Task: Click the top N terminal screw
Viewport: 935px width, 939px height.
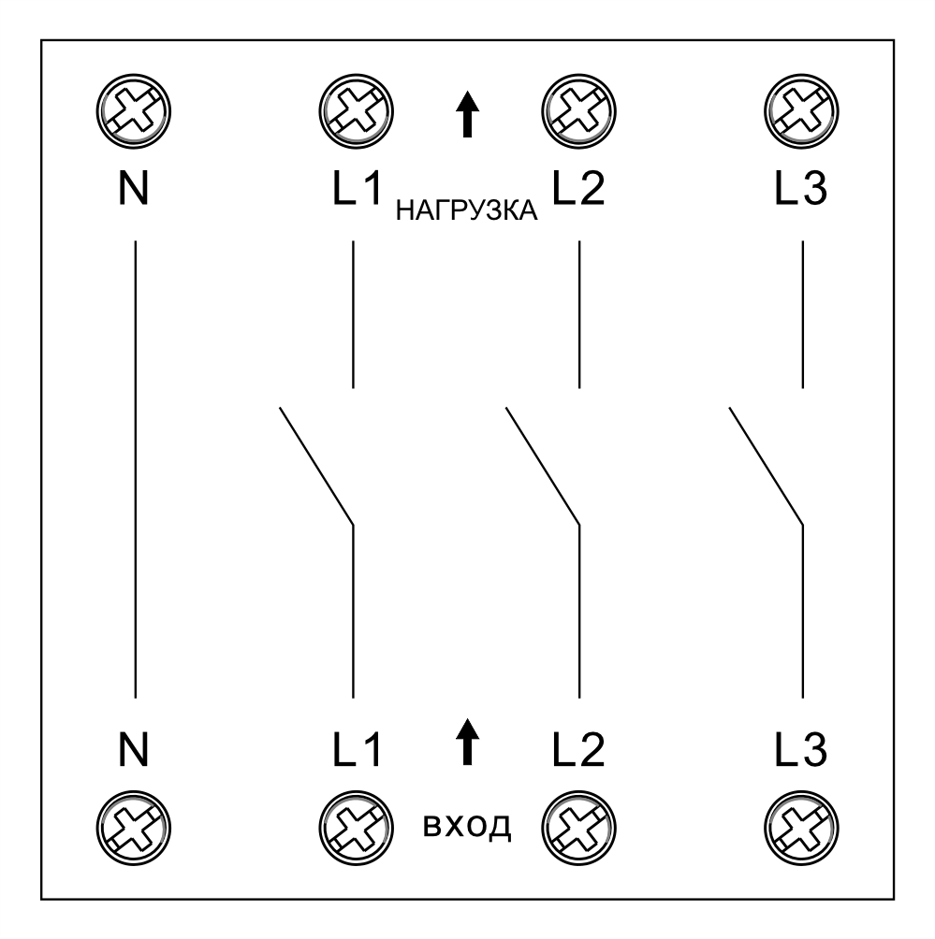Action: pyautogui.click(x=134, y=111)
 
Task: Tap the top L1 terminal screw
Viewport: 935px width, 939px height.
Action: pyautogui.click(x=357, y=111)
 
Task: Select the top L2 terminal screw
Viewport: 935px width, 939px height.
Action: pyautogui.click(x=579, y=111)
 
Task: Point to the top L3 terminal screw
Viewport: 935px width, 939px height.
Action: pyautogui.click(x=802, y=111)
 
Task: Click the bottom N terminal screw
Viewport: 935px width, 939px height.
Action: pyautogui.click(x=134, y=829)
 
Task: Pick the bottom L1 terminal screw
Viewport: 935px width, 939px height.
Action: pyautogui.click(x=357, y=829)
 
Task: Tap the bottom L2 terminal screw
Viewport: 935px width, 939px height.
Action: pyautogui.click(x=579, y=829)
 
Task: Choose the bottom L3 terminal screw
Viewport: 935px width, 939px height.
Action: pyautogui.click(x=802, y=829)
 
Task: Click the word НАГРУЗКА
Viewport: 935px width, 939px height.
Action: pyautogui.click(x=467, y=210)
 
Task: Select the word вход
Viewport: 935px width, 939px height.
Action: pyautogui.click(x=467, y=826)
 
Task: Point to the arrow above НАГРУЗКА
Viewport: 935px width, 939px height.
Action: pyautogui.click(x=468, y=114)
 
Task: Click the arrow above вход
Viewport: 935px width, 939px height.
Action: pyautogui.click(x=468, y=742)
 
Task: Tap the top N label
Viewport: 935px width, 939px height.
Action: pyautogui.click(x=133, y=189)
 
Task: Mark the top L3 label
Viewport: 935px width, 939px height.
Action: pyautogui.click(x=801, y=189)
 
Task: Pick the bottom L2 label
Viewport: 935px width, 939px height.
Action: pyautogui.click(x=578, y=750)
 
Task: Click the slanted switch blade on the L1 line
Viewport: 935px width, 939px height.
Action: pyautogui.click(x=316, y=466)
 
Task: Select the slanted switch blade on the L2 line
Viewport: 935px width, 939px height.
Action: pyautogui.click(x=543, y=466)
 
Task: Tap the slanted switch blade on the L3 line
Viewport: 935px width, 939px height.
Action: pyautogui.click(x=766, y=466)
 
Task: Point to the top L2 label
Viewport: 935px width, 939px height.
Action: pyautogui.click(x=578, y=189)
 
